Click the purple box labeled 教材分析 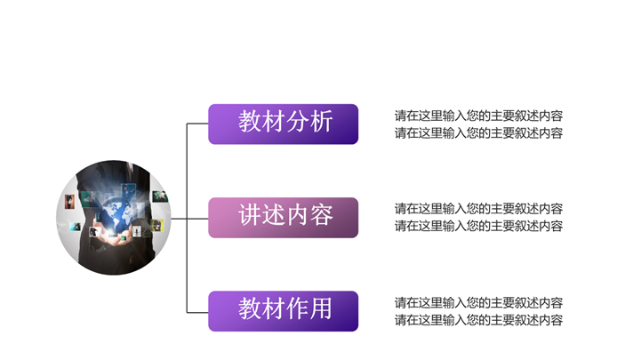click(283, 124)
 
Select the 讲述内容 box click(283, 218)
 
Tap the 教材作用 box click(283, 311)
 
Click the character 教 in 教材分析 click(250, 122)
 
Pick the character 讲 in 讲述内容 click(250, 216)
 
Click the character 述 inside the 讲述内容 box click(274, 216)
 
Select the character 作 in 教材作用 click(298, 309)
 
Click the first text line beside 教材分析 click(478, 116)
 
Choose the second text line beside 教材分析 click(478, 133)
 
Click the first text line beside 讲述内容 click(478, 209)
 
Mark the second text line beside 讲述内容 click(478, 226)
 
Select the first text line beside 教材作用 click(478, 303)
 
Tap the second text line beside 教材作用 click(478, 320)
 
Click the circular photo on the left click(114, 218)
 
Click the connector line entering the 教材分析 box click(197, 124)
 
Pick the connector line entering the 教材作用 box click(197, 312)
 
